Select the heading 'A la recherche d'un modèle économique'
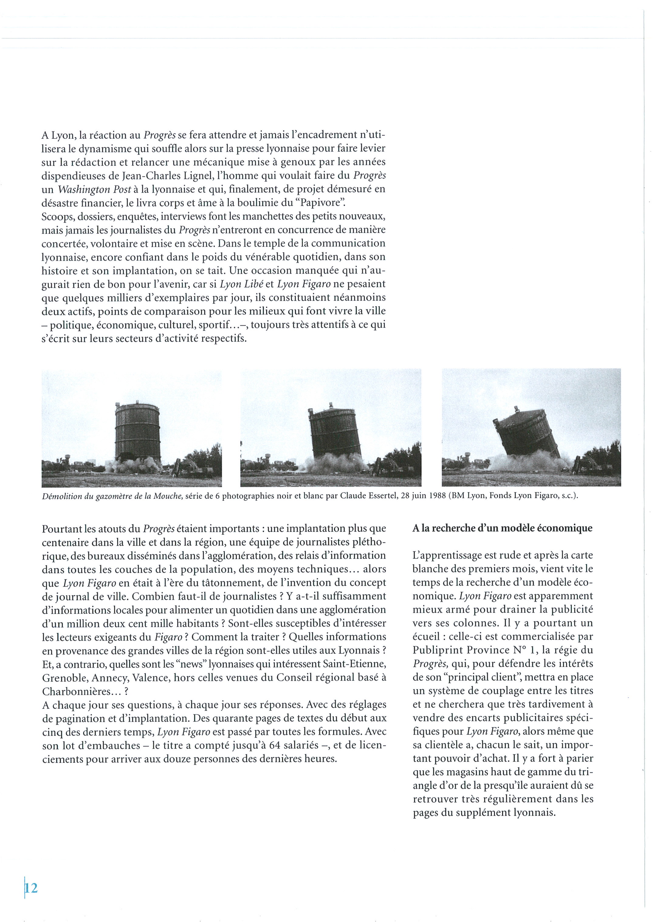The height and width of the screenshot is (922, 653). point(502,528)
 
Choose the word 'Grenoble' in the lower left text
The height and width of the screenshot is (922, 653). point(65,678)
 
